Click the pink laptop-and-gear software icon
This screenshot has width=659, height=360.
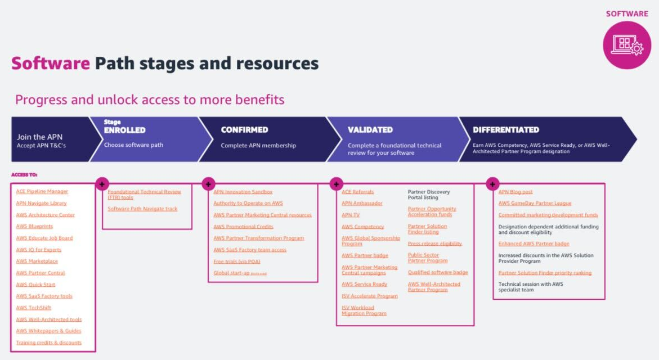pyautogui.click(x=626, y=45)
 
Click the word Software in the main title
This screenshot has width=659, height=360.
pyautogui.click(x=51, y=64)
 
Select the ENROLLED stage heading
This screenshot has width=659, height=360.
pyautogui.click(x=125, y=130)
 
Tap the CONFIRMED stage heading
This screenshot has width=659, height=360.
pyautogui.click(x=244, y=130)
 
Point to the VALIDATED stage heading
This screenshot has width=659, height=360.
pyautogui.click(x=370, y=130)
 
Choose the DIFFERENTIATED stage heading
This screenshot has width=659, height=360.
pyautogui.click(x=506, y=130)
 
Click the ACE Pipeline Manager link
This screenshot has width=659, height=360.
pyautogui.click(x=42, y=192)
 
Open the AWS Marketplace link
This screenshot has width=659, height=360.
pyautogui.click(x=37, y=262)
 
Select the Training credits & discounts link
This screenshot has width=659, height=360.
pyautogui.click(x=49, y=343)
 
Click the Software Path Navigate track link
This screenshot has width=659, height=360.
pyautogui.click(x=142, y=209)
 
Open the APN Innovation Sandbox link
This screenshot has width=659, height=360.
pyautogui.click(x=243, y=192)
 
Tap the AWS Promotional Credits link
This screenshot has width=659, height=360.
pyautogui.click(x=243, y=227)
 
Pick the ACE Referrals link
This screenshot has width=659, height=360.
pyautogui.click(x=358, y=192)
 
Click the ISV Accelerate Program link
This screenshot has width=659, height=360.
pyautogui.click(x=370, y=296)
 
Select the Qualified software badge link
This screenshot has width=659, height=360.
pyautogui.click(x=438, y=273)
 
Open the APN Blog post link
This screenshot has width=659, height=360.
pyautogui.click(x=515, y=192)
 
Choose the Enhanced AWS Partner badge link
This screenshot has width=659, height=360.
pyautogui.click(x=534, y=244)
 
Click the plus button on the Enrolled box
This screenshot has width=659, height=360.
pyautogui.click(x=102, y=184)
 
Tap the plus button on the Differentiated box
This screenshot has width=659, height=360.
pyautogui.click(x=492, y=184)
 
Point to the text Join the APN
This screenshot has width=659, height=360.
pyautogui.click(x=39, y=137)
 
